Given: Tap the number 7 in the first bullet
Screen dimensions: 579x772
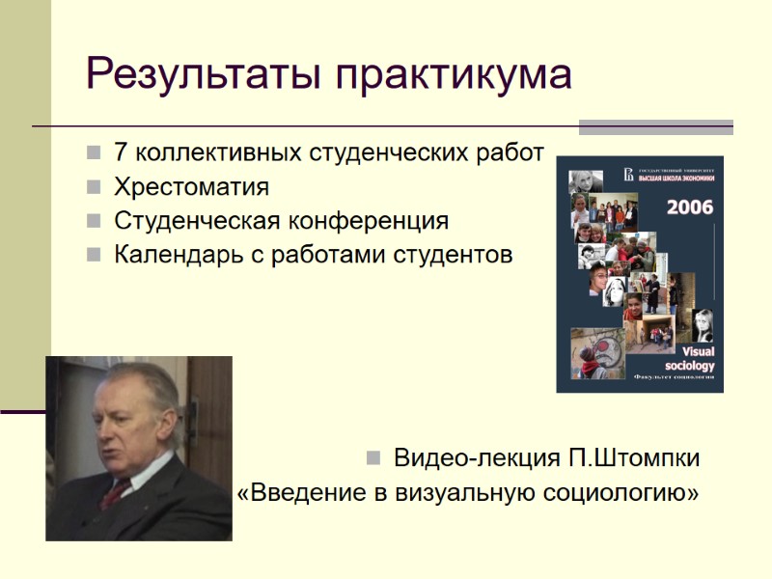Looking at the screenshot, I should coord(121,152).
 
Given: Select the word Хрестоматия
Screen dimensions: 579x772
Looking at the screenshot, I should coord(191,186).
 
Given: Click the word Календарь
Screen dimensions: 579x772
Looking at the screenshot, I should coord(168,255).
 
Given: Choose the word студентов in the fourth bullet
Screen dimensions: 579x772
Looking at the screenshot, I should coord(453,255).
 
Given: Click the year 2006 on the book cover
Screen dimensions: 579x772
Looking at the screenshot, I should coord(689,207).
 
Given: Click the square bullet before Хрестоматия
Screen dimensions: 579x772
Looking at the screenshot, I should coord(93,186).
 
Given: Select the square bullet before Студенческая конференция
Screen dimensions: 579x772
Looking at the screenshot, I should coord(93,221).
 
